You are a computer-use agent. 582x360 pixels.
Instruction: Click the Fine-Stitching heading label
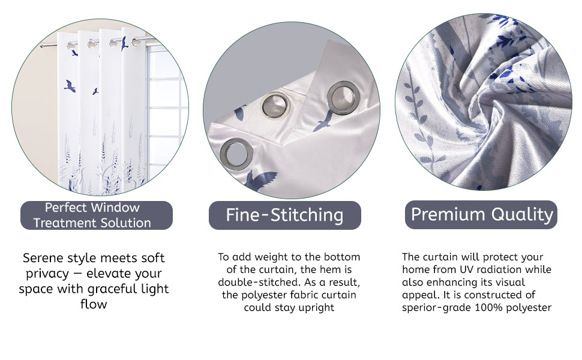[x=284, y=215]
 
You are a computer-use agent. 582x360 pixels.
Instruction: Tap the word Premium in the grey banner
[x=448, y=214]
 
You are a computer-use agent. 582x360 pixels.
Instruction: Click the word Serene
[x=43, y=257]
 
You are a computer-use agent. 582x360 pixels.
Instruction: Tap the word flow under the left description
[x=94, y=304]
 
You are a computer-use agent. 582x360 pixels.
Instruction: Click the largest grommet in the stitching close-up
[x=344, y=98]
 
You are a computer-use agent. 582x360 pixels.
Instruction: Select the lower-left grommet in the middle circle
[x=237, y=154]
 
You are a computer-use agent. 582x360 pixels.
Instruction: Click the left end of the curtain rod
[x=41, y=46]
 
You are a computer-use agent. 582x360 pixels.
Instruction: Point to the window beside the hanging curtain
[x=165, y=112]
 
